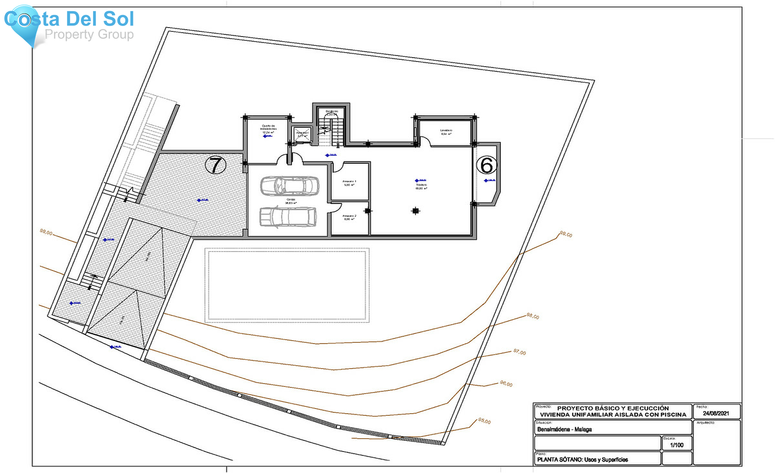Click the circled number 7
click(215, 165)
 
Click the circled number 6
click(487, 165)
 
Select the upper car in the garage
click(289, 186)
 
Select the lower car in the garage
click(288, 217)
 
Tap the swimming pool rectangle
click(287, 285)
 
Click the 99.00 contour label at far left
click(46, 233)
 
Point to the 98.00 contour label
click(533, 316)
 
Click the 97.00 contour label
click(519, 352)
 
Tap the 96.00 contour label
click(506, 384)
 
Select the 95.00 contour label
click(484, 421)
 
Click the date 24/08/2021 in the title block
click(716, 413)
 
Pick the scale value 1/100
click(676, 445)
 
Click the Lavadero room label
click(446, 131)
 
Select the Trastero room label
click(421, 186)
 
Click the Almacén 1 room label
click(349, 183)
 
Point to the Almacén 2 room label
click(349, 217)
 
